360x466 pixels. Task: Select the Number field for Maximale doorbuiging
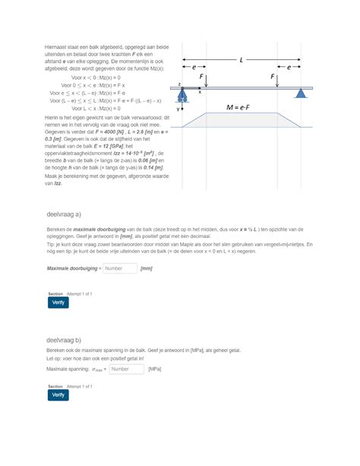[x=119, y=268]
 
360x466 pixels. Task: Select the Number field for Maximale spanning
[x=126, y=369]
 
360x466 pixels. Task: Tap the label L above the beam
[x=241, y=59]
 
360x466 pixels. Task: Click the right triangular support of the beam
[x=301, y=94]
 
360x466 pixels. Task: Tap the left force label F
[x=202, y=78]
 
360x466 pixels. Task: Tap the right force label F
[x=271, y=78]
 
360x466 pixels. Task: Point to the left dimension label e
[x=194, y=68]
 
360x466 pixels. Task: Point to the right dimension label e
[x=289, y=68]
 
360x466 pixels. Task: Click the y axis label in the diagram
[x=178, y=109]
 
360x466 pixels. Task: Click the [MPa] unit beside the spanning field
[x=155, y=369]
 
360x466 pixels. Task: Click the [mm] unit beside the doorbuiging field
[x=147, y=268]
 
